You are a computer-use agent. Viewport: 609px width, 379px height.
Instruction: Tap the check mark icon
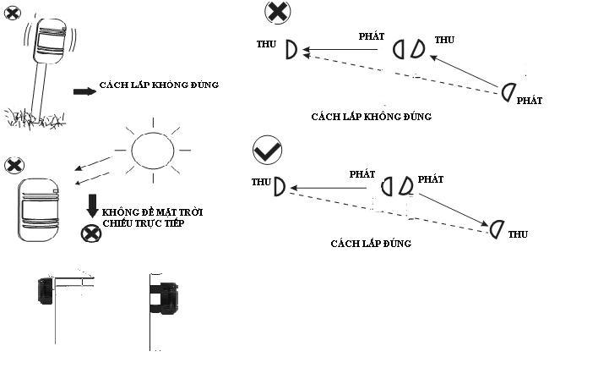tap(267, 151)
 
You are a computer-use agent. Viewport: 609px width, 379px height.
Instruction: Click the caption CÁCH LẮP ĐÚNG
tap(371, 244)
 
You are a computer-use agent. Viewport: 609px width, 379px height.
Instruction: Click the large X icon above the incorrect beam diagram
tap(276, 12)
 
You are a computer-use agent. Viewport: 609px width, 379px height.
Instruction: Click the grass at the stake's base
tap(34, 117)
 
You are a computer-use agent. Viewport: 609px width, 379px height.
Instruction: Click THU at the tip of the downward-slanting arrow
tap(518, 235)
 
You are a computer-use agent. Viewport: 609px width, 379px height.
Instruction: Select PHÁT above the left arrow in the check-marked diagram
tap(362, 173)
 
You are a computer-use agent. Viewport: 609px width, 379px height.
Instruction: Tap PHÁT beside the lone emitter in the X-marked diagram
tap(529, 101)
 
